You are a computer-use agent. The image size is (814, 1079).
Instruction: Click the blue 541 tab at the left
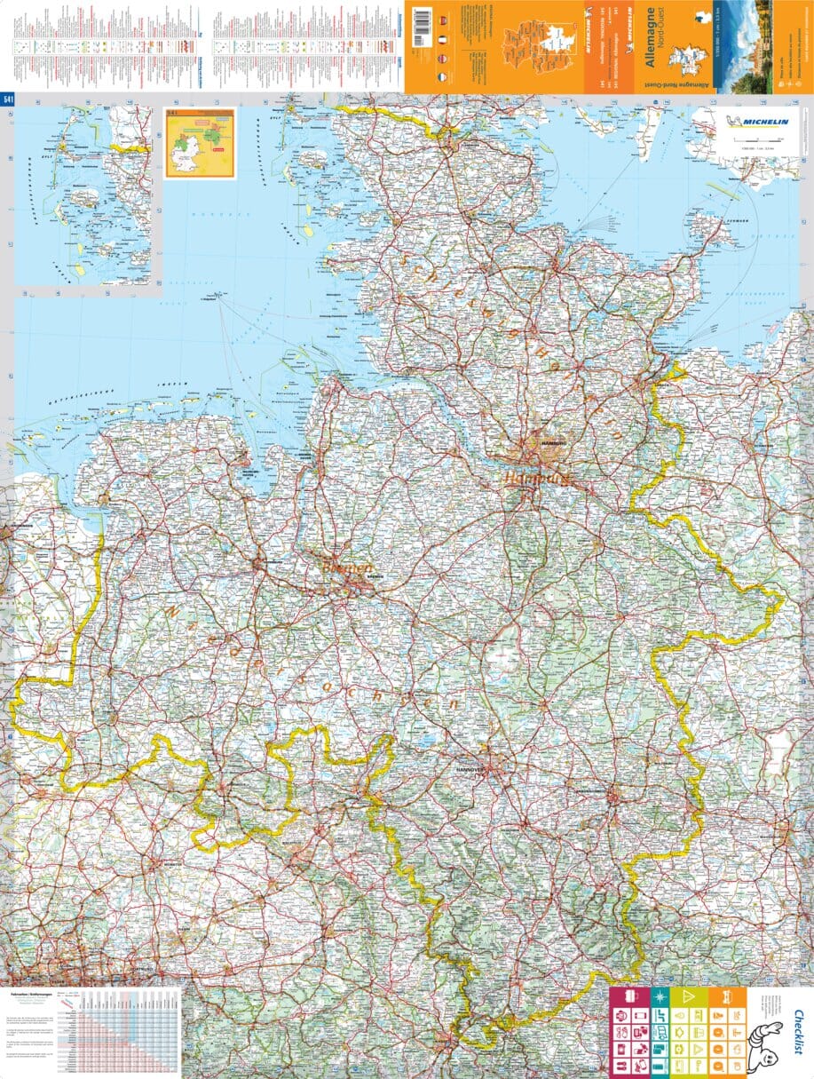tap(8, 99)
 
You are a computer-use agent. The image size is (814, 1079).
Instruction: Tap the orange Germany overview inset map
tap(200, 143)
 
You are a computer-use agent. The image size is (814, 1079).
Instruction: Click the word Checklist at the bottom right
tap(798, 1029)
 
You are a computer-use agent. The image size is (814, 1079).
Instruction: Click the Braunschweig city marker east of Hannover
tap(612, 797)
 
